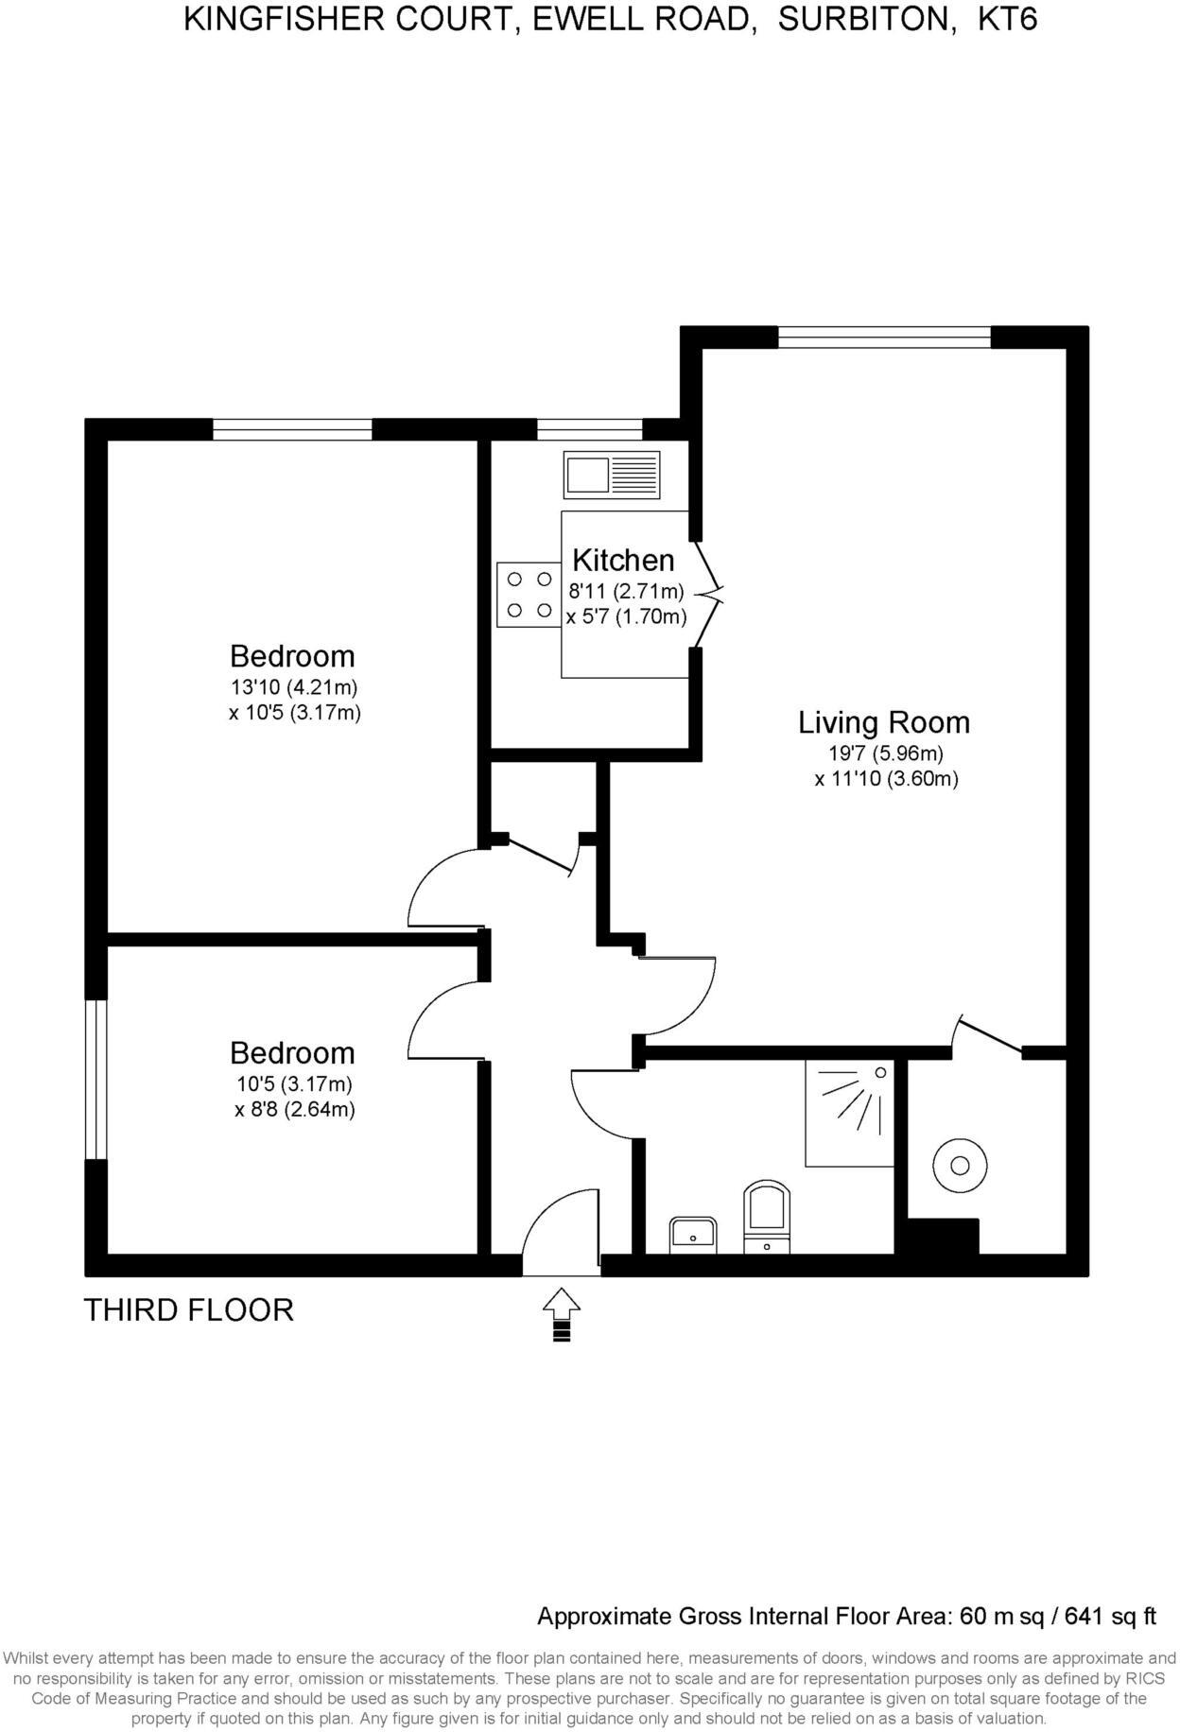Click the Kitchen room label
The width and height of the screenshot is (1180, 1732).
pyautogui.click(x=623, y=560)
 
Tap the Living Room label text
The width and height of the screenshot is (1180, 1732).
pyautogui.click(x=884, y=722)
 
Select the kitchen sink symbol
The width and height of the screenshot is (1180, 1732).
pyautogui.click(x=612, y=475)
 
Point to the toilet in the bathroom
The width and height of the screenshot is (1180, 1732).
pyautogui.click(x=767, y=1216)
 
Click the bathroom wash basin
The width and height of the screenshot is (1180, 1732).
pyautogui.click(x=693, y=1235)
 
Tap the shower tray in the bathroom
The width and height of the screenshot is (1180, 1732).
pyautogui.click(x=849, y=1112)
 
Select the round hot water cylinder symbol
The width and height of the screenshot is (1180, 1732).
pyautogui.click(x=960, y=1165)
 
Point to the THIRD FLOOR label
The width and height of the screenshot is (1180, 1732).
pyautogui.click(x=189, y=1310)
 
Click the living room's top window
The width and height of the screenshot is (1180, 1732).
pyautogui.click(x=884, y=338)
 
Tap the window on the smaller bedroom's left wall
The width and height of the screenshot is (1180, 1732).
pyautogui.click(x=95, y=1079)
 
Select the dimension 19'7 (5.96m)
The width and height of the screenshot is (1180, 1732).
pyautogui.click(x=884, y=754)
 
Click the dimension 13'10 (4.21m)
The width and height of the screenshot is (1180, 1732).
pyautogui.click(x=294, y=687)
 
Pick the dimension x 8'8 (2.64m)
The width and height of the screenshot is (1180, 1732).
pyautogui.click(x=294, y=1110)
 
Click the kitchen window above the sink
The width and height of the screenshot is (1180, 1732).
pyautogui.click(x=589, y=430)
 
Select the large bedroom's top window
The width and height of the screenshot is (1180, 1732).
pyautogui.click(x=292, y=430)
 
